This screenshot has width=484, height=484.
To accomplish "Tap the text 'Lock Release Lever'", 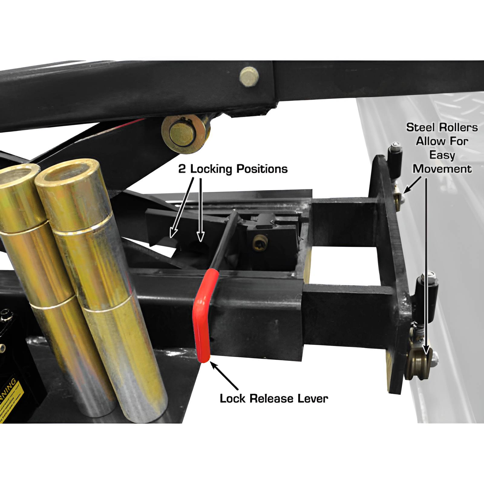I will tap(274, 398).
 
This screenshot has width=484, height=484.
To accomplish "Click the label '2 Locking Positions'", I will tap(233, 169).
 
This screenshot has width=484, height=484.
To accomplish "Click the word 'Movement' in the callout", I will tap(442, 169).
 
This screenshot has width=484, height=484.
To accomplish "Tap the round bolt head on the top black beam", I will tap(249, 77).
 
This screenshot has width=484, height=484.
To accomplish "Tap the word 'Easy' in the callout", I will tap(442, 155).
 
